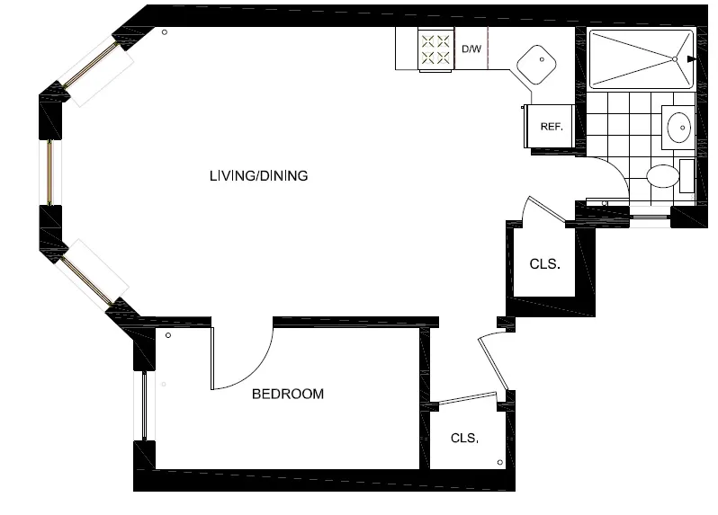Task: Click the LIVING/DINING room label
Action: click(x=258, y=176)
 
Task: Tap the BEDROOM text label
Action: click(x=287, y=395)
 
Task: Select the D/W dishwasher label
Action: click(x=471, y=49)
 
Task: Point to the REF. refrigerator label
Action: click(x=551, y=127)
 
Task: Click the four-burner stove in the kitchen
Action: click(x=436, y=49)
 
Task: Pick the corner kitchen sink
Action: click(x=539, y=62)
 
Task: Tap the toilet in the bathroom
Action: click(x=664, y=174)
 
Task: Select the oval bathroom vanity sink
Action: click(x=678, y=127)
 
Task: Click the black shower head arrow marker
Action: click(x=690, y=59)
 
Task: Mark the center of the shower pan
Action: click(x=641, y=59)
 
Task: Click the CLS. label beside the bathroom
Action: click(x=544, y=265)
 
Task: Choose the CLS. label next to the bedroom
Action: click(x=464, y=440)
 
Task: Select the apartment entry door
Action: click(x=494, y=365)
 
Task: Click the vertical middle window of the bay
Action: click(x=50, y=173)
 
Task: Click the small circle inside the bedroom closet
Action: click(x=500, y=462)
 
